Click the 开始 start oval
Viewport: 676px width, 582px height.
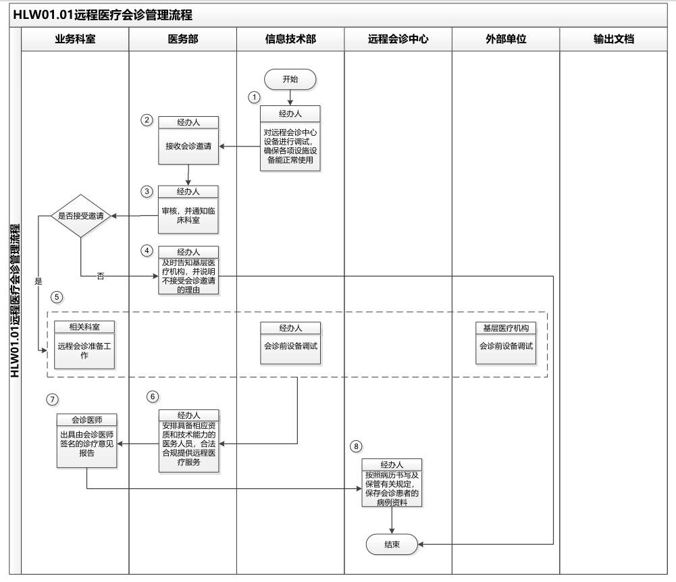pos(290,79)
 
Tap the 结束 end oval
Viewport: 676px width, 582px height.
pos(392,544)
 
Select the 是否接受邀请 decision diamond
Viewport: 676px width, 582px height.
pos(80,216)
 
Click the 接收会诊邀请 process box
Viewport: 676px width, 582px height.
pos(188,146)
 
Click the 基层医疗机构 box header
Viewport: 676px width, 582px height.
pos(505,327)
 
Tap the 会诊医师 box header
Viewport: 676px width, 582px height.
pos(87,419)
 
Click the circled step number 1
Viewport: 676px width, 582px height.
pos(255,97)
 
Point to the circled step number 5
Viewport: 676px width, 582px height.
pos(57,296)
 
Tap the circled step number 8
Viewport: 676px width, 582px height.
pos(357,446)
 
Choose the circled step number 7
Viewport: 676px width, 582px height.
pos(52,399)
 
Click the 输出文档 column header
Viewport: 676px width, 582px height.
pos(613,39)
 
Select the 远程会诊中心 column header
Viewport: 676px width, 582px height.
pos(398,39)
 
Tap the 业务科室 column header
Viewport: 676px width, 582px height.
pos(75,39)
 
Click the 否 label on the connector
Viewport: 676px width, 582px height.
pos(101,275)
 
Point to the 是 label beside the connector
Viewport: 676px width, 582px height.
pos(38,280)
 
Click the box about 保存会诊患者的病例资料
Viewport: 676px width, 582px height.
pos(392,487)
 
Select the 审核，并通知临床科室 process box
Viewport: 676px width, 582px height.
pos(188,215)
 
